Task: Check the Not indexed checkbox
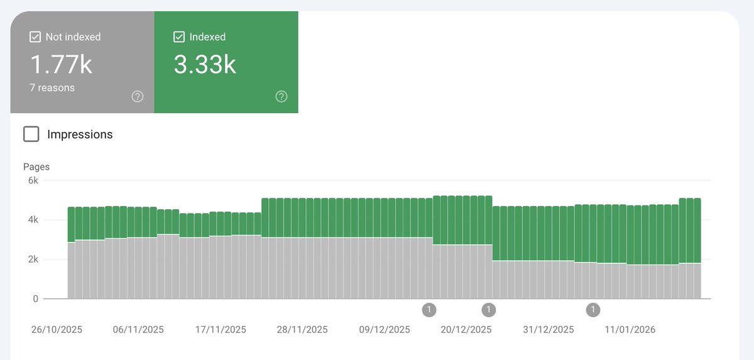35,37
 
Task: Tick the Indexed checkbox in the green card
178,37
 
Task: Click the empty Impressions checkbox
31,134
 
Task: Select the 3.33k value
205,64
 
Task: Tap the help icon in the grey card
138,96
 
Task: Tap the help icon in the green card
281,96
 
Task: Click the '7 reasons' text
52,88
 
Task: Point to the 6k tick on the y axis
32,181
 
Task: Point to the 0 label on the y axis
36,299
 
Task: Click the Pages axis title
36,167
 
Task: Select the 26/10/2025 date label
57,330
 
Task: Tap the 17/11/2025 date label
221,330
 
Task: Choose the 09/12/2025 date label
385,330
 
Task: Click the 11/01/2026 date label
630,330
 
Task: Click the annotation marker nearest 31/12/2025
593,309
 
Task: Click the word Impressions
80,134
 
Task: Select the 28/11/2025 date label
302,330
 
